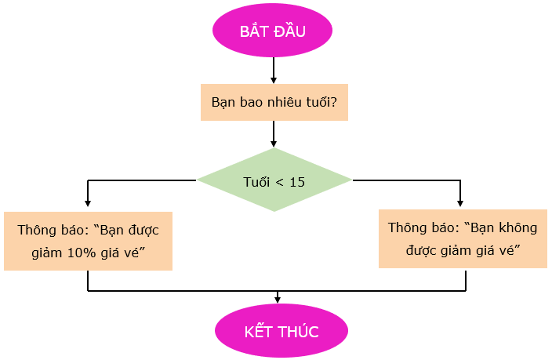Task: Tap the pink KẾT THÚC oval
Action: point(281,331)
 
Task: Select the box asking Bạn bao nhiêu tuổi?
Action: point(274,103)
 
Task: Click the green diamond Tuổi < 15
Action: point(274,181)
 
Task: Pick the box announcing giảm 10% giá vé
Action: point(88,241)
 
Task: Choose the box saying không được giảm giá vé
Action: point(462,238)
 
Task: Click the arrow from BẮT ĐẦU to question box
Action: point(274,71)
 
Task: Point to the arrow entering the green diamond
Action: point(274,135)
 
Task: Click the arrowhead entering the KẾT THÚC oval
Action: point(278,299)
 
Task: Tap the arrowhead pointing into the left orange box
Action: point(88,205)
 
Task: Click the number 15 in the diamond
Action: point(297,182)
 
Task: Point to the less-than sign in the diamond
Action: point(279,182)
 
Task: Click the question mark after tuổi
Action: point(334,103)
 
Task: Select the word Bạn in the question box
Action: point(223,103)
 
